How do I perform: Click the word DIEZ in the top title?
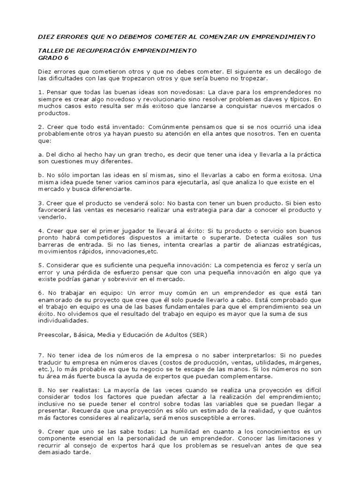click(47, 37)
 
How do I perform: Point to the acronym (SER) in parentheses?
click(197, 335)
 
